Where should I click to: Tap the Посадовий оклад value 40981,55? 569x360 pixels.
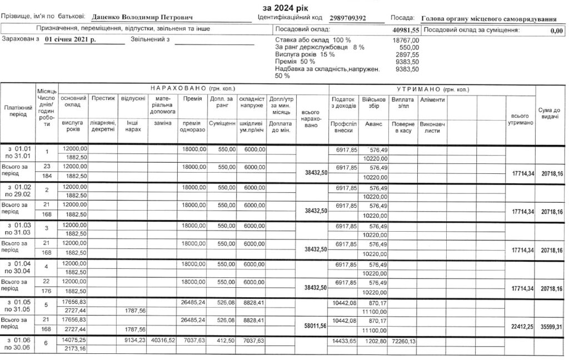point(406,29)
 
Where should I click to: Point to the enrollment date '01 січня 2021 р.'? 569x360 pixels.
point(71,40)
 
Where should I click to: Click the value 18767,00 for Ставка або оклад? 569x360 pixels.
point(407,41)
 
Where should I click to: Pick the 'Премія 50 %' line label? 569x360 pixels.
point(295,62)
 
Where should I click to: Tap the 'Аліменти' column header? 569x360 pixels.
point(432,99)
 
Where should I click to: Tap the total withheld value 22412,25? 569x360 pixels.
point(520,326)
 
